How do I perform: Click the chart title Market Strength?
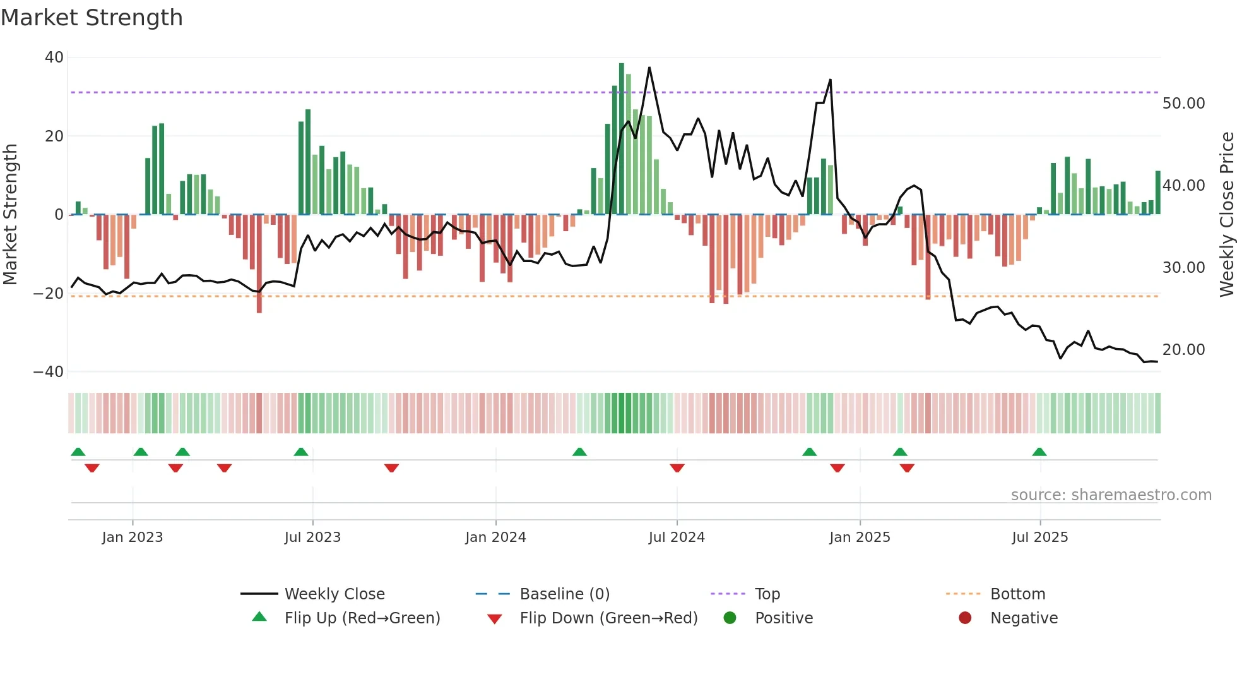92,18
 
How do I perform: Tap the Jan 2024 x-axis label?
495,537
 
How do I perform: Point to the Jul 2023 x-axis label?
312,537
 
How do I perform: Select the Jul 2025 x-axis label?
1039,537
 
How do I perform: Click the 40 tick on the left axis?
54,57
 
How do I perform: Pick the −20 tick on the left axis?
49,294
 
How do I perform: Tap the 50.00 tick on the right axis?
1183,104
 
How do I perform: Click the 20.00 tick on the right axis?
1183,350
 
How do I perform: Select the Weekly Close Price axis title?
1226,215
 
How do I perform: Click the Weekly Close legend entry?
334,594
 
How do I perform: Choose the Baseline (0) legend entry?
564,594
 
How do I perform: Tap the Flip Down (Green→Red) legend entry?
608,618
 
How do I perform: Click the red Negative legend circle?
965,618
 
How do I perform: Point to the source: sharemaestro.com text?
1111,495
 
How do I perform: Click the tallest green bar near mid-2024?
622,139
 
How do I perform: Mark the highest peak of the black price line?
649,68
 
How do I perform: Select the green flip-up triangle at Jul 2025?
1039,452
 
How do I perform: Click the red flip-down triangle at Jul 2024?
677,468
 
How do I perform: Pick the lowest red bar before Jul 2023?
259,264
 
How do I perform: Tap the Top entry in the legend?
767,594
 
